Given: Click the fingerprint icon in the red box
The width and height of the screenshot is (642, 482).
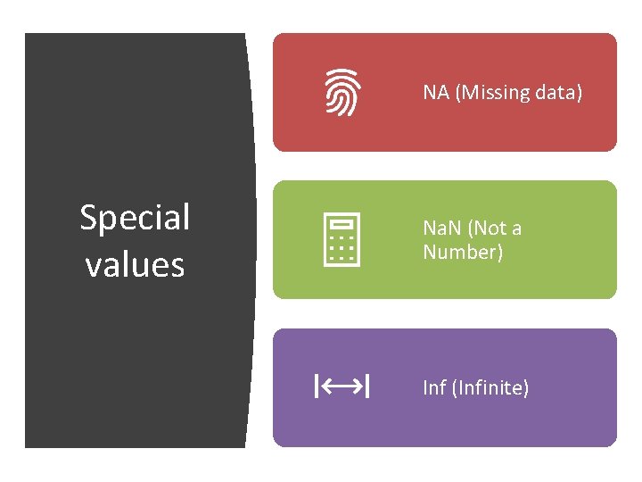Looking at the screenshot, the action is (x=342, y=93).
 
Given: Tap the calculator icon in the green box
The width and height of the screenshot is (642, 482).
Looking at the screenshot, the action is (x=342, y=239).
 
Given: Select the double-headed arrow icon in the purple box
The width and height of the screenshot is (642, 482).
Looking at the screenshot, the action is (x=342, y=387).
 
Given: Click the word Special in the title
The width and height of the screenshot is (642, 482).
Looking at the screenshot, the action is (x=136, y=218).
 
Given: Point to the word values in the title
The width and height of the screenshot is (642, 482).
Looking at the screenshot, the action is (x=136, y=265).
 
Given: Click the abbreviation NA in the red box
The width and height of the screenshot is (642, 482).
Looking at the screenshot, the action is (x=436, y=93).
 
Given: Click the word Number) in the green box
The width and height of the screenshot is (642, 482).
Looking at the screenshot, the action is (x=463, y=253).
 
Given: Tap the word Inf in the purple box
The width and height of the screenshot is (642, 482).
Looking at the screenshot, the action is (x=434, y=388).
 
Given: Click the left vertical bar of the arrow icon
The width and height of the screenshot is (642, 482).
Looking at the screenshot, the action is (x=316, y=387).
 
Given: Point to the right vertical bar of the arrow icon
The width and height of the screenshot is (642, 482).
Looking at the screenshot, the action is (x=369, y=387).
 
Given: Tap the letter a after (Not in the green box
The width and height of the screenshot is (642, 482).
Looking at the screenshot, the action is (x=516, y=229).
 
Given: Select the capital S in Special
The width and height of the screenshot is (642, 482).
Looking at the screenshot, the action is (x=88, y=218).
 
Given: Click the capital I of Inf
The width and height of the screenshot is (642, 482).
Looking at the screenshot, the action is (x=425, y=388).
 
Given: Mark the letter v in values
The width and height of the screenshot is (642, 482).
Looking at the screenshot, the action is (x=93, y=266).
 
